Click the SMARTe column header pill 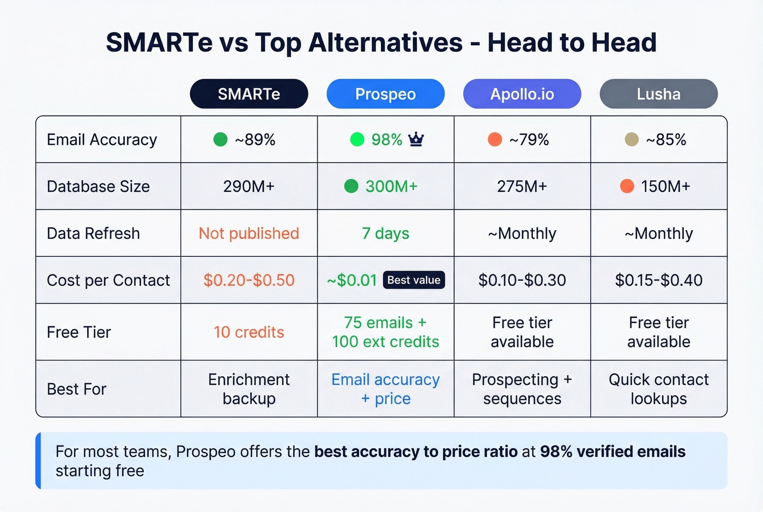point(249,94)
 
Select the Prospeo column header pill point(385,94)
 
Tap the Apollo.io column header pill point(522,94)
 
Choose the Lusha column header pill point(658,94)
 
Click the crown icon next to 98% point(416,140)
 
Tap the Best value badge point(414,280)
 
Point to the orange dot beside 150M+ point(627,186)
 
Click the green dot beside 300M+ point(352,186)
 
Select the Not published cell point(249,233)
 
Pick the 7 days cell point(385,233)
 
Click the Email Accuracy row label point(102,140)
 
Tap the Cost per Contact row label point(108,280)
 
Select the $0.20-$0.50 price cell point(249,280)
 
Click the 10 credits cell point(249,332)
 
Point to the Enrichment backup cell point(249,389)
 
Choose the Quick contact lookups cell point(658,389)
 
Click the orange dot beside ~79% point(495,140)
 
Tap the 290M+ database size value point(249,186)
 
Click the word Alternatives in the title point(385,43)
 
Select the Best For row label point(77,389)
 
